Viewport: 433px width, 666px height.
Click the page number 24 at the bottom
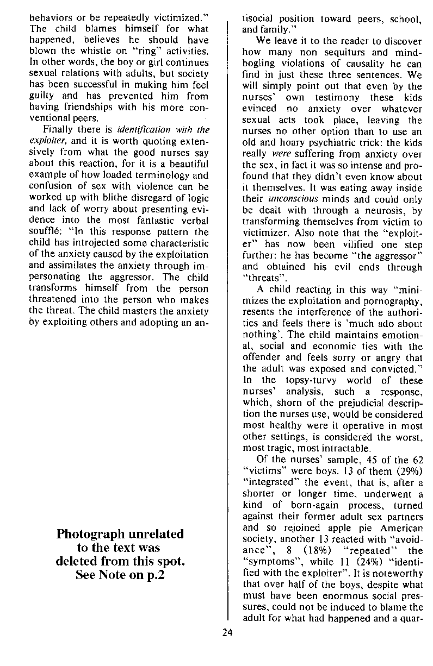pyautogui.click(x=227, y=632)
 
